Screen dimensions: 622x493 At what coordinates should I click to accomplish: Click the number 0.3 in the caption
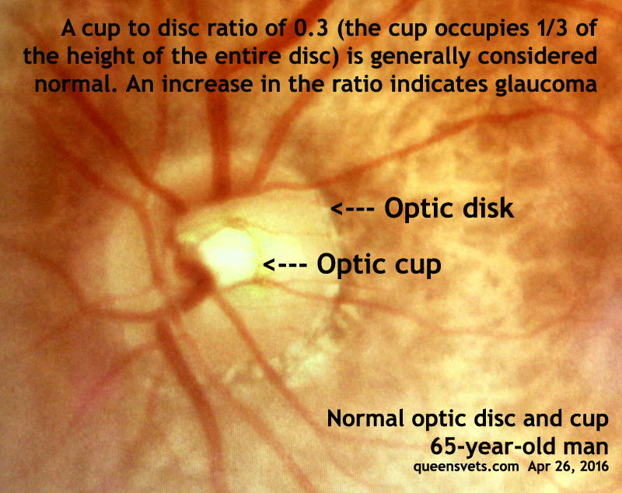[310, 28]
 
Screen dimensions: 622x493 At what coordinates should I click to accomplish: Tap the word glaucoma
[546, 86]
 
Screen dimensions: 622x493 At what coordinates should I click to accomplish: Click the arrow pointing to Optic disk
[353, 208]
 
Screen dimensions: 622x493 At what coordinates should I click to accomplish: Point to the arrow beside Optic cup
[285, 264]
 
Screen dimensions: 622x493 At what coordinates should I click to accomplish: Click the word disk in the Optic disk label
[488, 208]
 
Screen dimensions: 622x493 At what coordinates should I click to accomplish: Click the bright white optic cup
[228, 256]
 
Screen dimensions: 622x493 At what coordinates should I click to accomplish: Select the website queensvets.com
[466, 466]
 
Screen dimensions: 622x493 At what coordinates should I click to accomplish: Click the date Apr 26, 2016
[568, 466]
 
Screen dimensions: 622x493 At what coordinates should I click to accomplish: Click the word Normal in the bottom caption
[365, 418]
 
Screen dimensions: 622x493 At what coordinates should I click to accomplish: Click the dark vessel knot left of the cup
[197, 275]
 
